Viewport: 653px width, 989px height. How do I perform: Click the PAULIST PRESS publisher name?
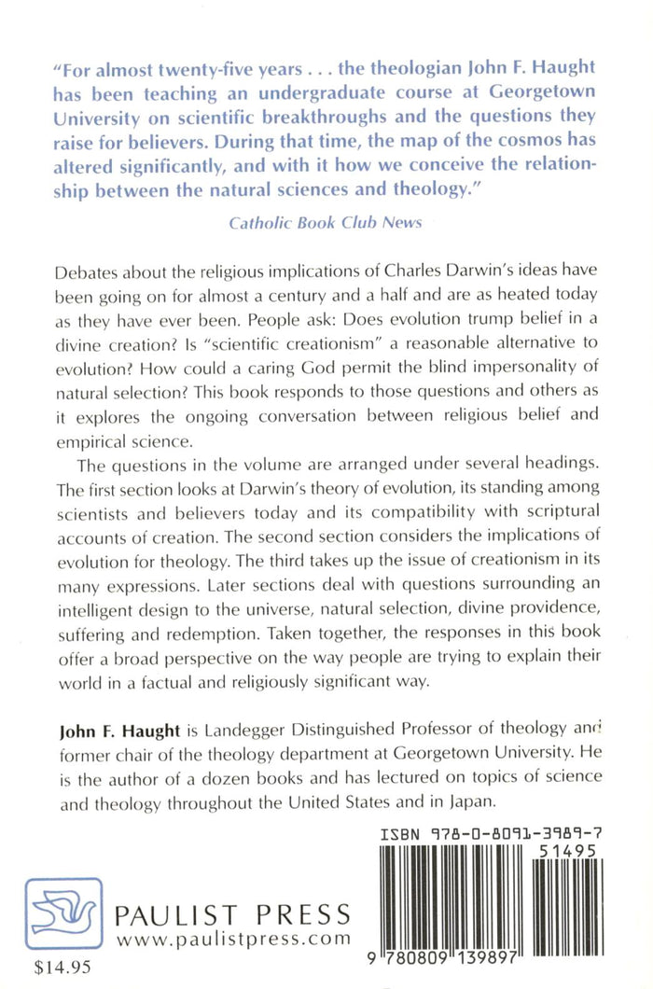(232, 913)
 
